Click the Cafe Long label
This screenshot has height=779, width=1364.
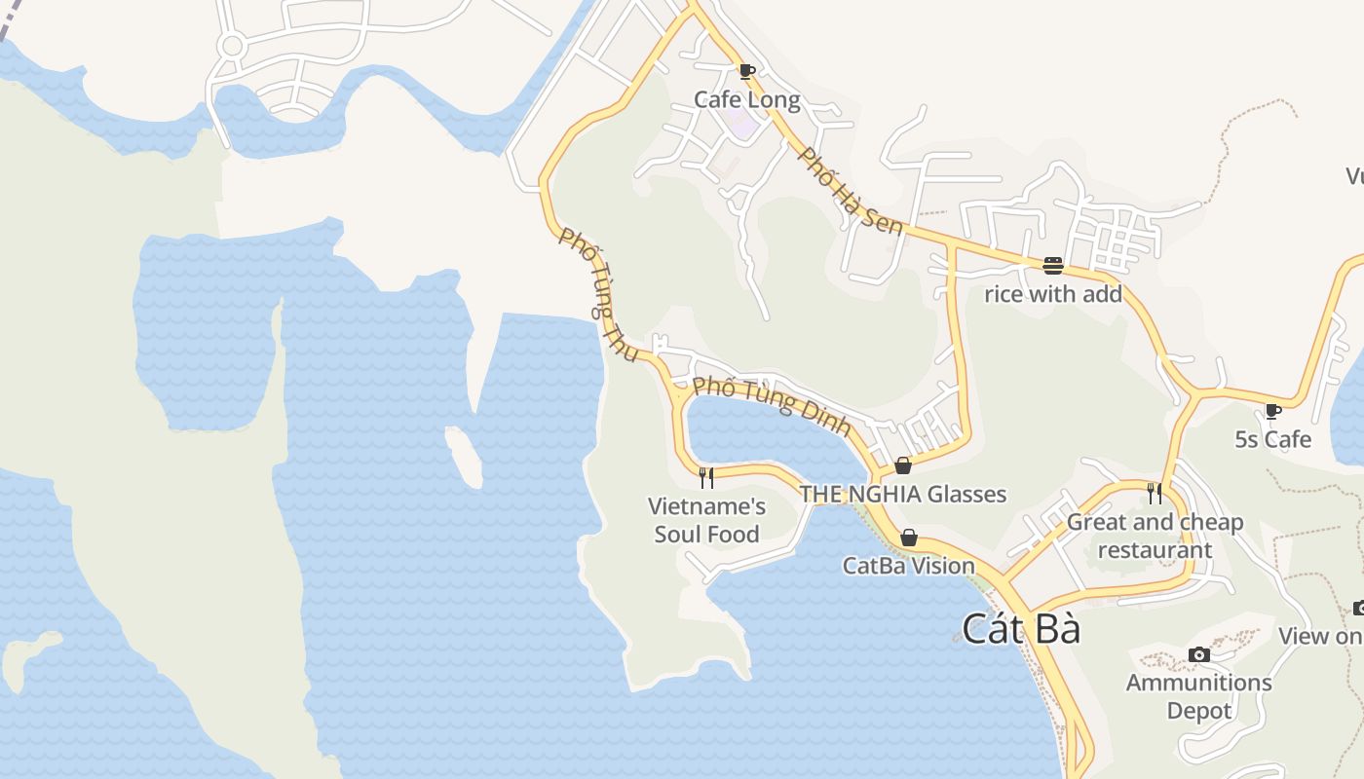tap(746, 99)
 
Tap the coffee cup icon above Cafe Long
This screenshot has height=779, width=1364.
tap(746, 71)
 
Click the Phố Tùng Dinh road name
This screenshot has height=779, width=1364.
tap(772, 406)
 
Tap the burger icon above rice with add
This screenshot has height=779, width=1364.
tap(1052, 265)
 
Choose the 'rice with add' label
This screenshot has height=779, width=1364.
tap(1053, 293)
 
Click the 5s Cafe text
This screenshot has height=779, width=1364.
tap(1272, 439)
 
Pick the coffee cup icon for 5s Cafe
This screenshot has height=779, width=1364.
tap(1272, 411)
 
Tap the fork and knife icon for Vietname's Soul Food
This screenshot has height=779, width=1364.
tap(706, 477)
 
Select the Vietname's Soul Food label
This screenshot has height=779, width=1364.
tap(707, 520)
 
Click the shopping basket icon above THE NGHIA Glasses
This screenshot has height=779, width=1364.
tap(903, 465)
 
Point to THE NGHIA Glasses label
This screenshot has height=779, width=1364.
tap(903, 494)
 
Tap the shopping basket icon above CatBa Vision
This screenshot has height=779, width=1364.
tap(909, 538)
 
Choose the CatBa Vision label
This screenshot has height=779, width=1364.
tap(909, 566)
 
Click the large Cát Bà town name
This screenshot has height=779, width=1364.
tap(1021, 629)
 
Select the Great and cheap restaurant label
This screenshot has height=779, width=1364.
tap(1156, 536)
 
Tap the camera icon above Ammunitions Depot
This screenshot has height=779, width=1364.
tap(1199, 654)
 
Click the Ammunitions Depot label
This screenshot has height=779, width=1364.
tap(1199, 696)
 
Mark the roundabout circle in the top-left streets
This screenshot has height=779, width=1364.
tap(232, 45)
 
